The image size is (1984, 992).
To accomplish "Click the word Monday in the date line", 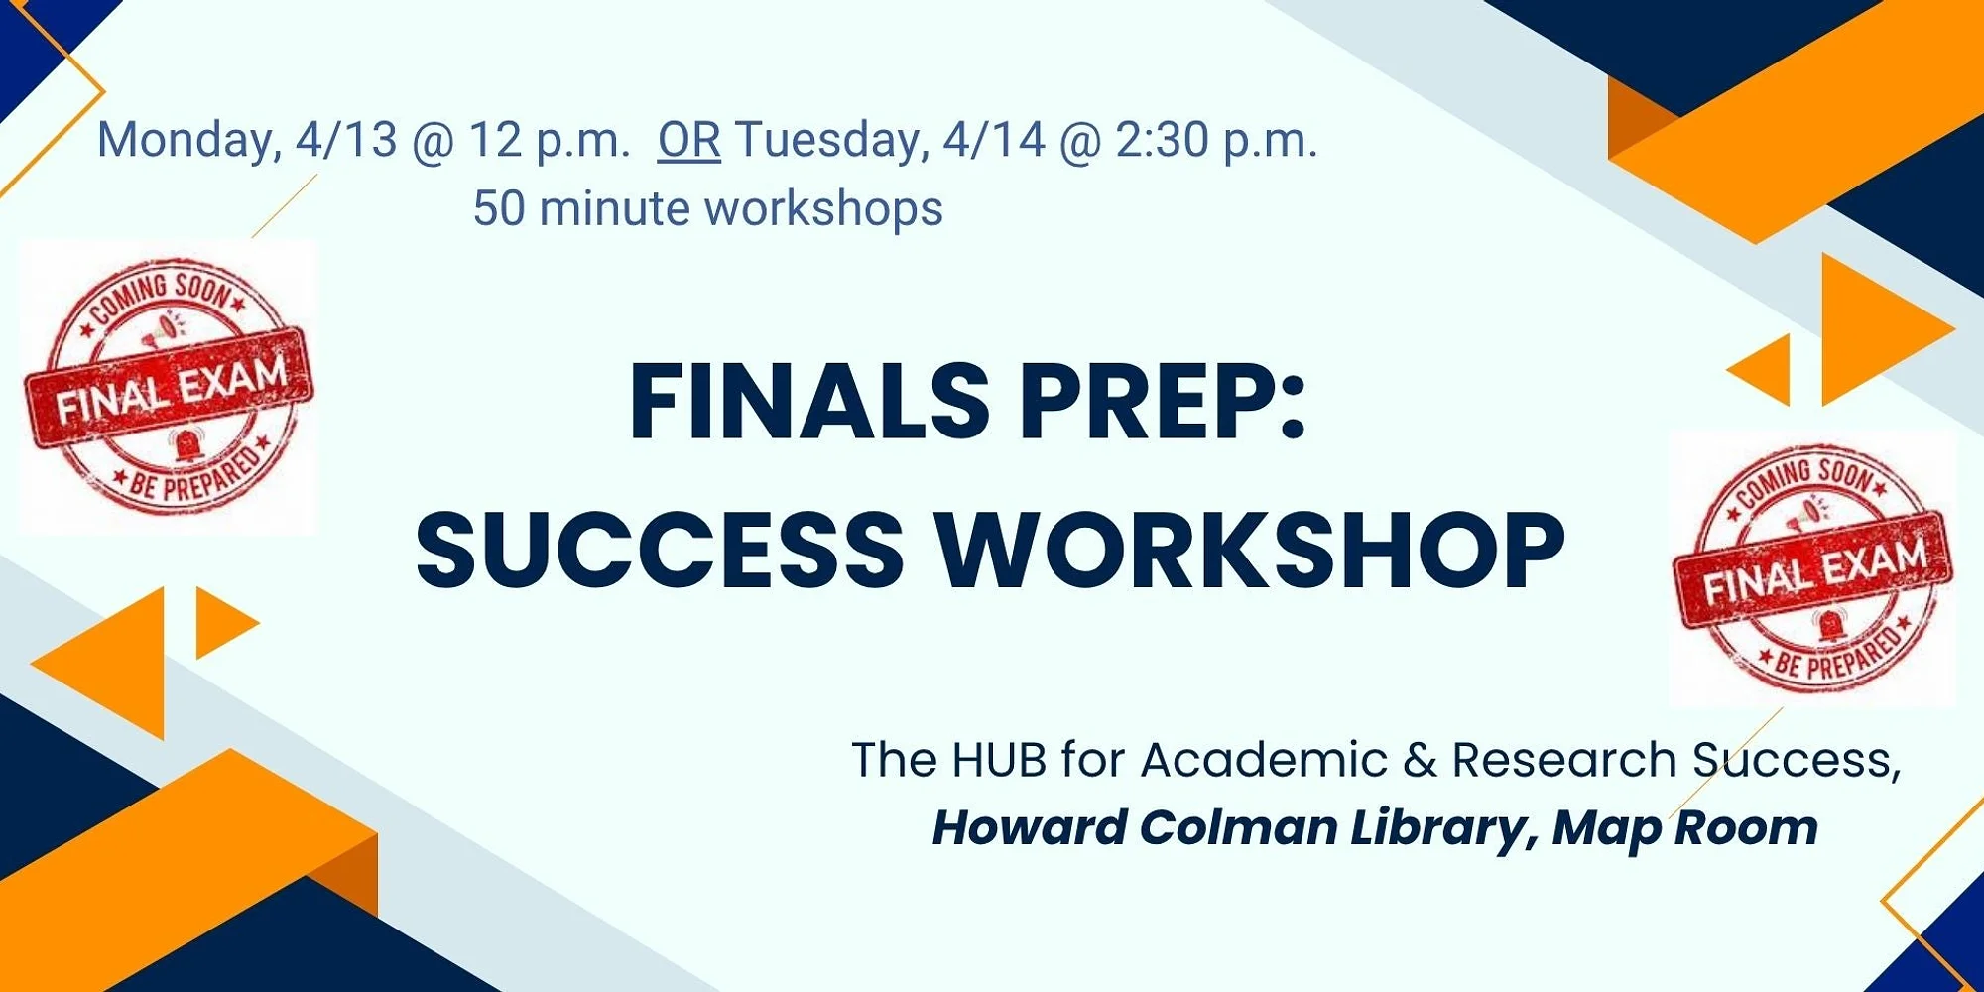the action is [184, 141].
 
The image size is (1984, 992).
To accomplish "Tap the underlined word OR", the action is [689, 140].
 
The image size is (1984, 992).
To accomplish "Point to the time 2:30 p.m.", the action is [1217, 141].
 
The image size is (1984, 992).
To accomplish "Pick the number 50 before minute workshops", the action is [498, 208].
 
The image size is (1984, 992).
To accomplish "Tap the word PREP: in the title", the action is [1163, 401].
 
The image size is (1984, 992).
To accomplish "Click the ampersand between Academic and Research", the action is [1420, 760].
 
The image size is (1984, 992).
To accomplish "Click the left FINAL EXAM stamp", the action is [170, 387].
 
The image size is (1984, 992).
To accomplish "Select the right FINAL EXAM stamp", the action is [1813, 567].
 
